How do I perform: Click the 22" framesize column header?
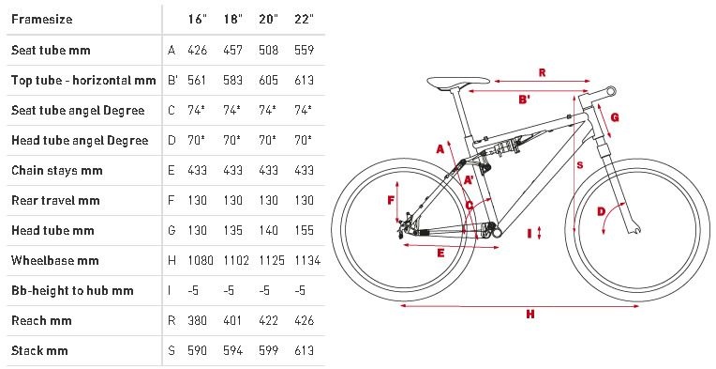coord(304,19)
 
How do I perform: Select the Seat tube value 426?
coord(197,50)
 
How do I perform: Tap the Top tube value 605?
coord(268,80)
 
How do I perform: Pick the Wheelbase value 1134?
coord(307,260)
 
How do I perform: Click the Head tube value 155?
coord(305,230)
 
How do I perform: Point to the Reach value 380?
coord(197,320)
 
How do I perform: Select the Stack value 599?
coord(268,350)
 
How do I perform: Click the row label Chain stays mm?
coord(56,171)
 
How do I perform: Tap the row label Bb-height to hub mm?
coord(72,291)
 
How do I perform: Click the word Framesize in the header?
coord(41,19)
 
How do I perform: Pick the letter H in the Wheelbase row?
coord(172,260)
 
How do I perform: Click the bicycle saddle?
coord(458,83)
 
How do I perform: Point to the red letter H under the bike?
coord(530,315)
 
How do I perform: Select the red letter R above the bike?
coord(542,72)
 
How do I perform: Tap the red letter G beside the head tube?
coord(615,117)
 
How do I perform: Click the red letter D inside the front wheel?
coord(602,211)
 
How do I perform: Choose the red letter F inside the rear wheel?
coord(391,200)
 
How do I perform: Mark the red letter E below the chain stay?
coord(440,254)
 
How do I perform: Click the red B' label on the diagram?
coord(525,99)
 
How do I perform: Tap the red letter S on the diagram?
coord(580,165)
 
